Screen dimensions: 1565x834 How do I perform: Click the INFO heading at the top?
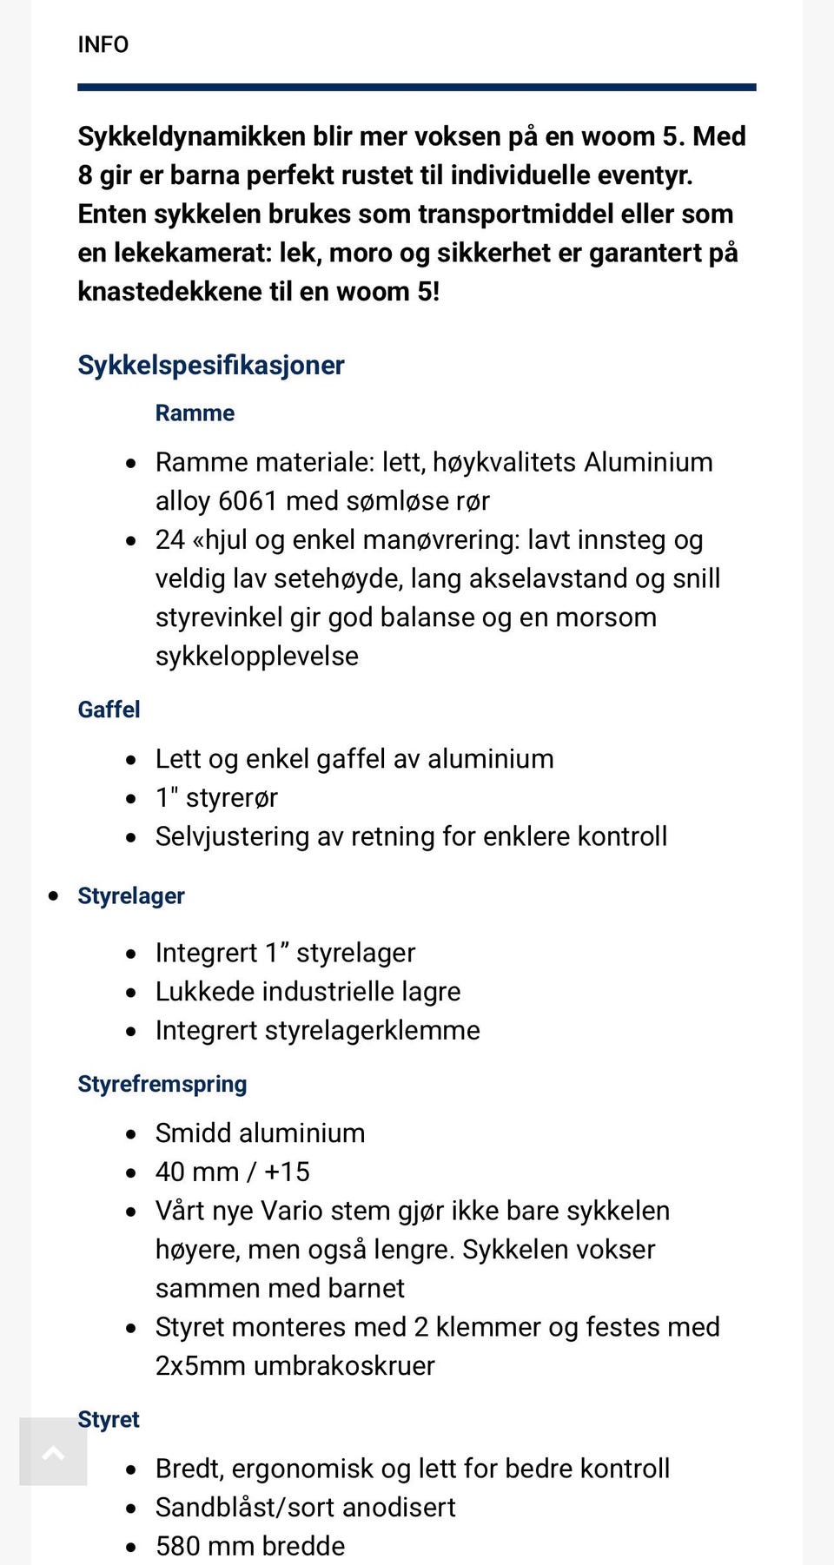click(x=103, y=44)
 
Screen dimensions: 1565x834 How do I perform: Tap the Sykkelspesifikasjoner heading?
click(x=210, y=365)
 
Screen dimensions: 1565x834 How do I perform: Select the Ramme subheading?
click(x=195, y=413)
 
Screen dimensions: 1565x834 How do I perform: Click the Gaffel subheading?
click(x=109, y=710)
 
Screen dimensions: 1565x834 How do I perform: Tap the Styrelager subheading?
click(x=130, y=895)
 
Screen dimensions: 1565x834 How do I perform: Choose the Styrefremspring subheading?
click(x=162, y=1084)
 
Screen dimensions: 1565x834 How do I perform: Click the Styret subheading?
click(x=109, y=1419)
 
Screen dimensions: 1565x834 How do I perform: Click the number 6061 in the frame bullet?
click(x=248, y=501)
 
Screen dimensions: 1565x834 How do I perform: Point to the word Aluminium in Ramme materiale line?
click(x=648, y=462)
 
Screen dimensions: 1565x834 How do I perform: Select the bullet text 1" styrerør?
click(x=216, y=797)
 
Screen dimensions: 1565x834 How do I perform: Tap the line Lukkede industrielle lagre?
click(x=308, y=991)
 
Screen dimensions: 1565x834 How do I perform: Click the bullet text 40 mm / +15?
click(x=232, y=1172)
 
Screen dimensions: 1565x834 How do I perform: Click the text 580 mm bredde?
click(x=250, y=1546)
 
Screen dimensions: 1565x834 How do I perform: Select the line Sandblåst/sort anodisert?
click(x=305, y=1507)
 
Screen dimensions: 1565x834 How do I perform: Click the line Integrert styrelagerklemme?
click(x=317, y=1030)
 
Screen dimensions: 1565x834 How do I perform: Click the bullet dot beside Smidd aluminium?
click(x=131, y=1134)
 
